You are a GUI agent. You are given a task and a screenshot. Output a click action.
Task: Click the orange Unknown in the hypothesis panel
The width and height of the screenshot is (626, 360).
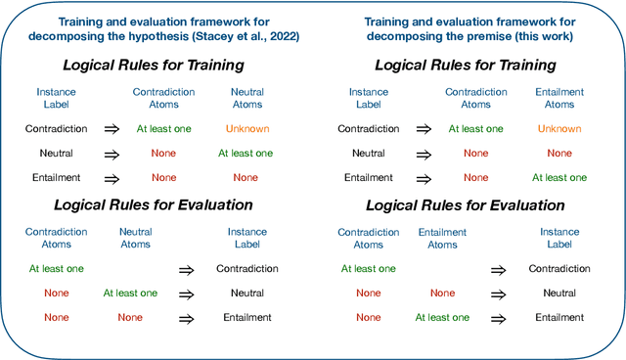[246, 129]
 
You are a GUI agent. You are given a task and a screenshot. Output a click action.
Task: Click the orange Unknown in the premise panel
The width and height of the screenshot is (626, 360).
[559, 129]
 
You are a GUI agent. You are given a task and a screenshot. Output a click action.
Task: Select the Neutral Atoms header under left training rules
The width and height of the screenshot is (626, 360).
[246, 98]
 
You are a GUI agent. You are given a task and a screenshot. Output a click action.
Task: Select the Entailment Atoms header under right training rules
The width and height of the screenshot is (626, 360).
[559, 98]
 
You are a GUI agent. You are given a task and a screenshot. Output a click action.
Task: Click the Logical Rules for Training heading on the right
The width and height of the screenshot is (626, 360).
[466, 66]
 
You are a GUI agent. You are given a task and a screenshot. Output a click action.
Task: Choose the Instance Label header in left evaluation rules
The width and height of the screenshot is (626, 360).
[246, 239]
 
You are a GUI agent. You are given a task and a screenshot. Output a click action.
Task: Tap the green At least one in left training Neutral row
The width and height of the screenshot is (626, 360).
[246, 154]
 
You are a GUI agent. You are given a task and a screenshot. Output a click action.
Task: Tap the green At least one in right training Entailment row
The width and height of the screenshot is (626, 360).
[559, 178]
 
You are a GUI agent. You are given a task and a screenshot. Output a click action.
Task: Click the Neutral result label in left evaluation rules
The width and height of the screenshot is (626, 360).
[246, 293]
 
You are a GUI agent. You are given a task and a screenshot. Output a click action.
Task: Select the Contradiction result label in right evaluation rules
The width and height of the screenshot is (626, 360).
[559, 269]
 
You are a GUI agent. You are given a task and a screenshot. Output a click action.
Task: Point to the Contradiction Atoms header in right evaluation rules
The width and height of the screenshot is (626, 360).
[369, 239]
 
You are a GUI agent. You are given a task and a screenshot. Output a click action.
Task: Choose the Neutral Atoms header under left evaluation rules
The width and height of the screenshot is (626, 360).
[136, 239]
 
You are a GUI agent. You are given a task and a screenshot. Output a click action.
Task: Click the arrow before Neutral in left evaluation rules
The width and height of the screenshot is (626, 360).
[187, 293]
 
